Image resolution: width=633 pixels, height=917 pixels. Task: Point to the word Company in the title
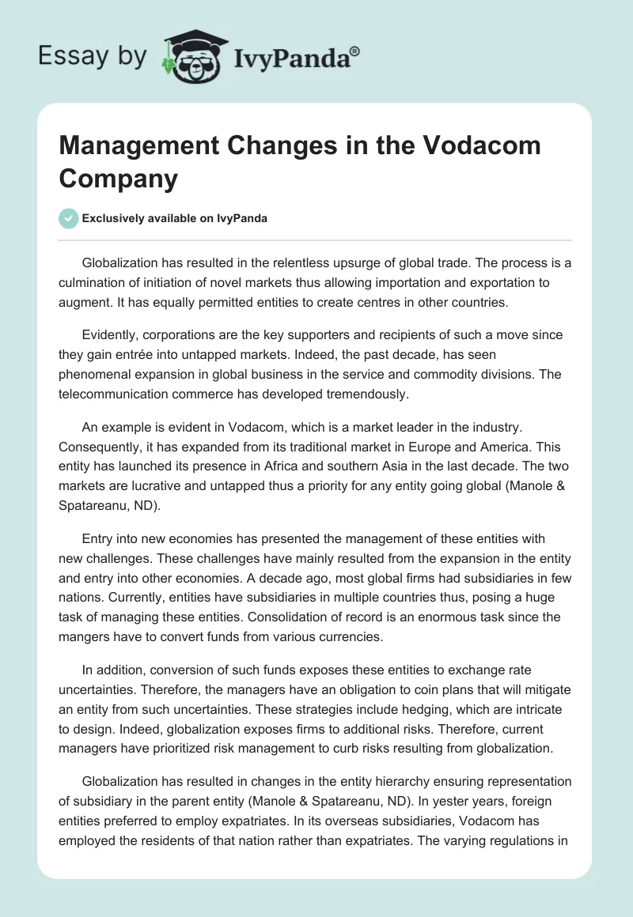click(x=119, y=179)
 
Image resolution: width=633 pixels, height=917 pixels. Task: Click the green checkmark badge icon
click(x=69, y=218)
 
